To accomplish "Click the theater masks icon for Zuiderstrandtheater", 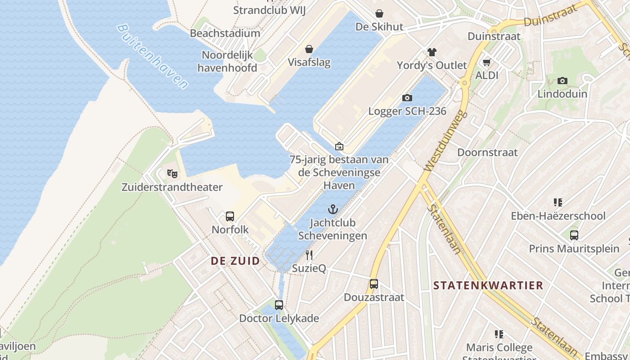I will tap(171, 173).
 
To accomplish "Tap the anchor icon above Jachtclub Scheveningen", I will tap(333, 209).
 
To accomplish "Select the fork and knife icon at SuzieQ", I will tap(309, 255).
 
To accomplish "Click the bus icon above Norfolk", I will tap(230, 216).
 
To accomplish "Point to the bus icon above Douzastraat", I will tap(374, 284).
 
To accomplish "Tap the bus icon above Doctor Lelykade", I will tap(279, 305).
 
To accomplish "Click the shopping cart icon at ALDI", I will tap(486, 62).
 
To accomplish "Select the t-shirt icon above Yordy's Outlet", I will tap(432, 52).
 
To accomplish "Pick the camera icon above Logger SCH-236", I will tap(407, 98).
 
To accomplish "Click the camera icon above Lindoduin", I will tap(562, 81).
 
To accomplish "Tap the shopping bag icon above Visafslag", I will tap(309, 49).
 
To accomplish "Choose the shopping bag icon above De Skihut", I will tap(379, 13).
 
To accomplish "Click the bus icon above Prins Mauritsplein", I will tap(574, 235).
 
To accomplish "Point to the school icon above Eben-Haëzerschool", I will tap(558, 202).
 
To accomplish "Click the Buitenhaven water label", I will tap(152, 57).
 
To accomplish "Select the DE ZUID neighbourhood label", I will tap(235, 261).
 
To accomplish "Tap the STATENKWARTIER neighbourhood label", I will tap(488, 285).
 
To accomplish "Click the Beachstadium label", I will tap(225, 33).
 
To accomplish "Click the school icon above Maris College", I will tap(499, 334).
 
